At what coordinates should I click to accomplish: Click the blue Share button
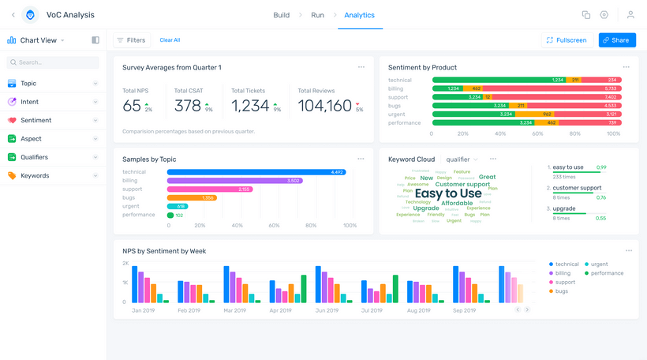(x=617, y=40)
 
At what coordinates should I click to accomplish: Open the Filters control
(x=131, y=40)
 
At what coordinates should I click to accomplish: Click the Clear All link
(x=170, y=40)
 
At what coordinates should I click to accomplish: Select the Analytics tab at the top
(x=360, y=15)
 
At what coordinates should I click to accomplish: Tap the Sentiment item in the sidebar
(x=36, y=121)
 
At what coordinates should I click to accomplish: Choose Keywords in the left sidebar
(x=35, y=176)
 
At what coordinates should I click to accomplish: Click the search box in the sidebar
(x=53, y=62)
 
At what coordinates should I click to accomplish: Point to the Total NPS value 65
(x=132, y=106)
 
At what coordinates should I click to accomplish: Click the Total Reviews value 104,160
(x=324, y=106)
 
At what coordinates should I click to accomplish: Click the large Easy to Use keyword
(x=448, y=193)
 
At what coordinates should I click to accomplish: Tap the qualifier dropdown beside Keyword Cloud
(x=462, y=159)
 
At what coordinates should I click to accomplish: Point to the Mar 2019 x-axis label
(x=234, y=311)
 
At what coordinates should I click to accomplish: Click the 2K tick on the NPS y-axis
(x=125, y=263)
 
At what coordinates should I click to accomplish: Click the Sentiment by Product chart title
(x=422, y=68)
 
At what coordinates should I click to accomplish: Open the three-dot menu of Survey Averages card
(x=361, y=67)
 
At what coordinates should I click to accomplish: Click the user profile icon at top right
(x=630, y=15)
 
